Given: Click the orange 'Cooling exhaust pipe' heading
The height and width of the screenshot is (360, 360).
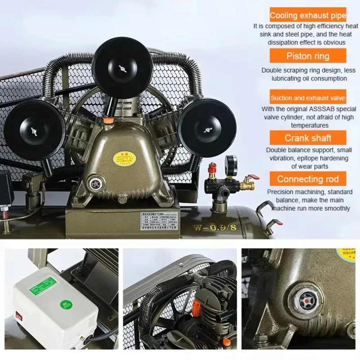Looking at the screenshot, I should pos(308,16).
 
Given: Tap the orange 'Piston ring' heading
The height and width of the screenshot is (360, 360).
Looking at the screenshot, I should pos(308,56).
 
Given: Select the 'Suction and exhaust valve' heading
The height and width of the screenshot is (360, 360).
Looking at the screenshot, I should pos(308,98).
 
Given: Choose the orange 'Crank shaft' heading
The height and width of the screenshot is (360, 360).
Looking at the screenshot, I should pos(308,138).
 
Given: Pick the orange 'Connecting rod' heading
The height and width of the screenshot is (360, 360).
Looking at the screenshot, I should pos(308,179).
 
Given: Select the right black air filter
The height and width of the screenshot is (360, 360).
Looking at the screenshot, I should pos(207,128).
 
